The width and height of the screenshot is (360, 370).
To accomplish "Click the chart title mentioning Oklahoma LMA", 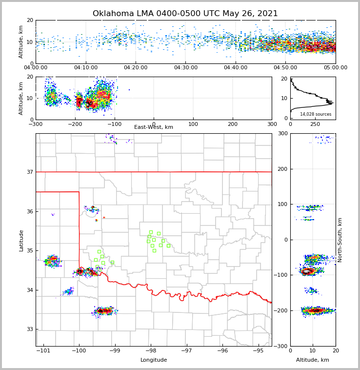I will point(185,14).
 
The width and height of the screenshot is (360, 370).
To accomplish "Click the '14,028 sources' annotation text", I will point(316,114).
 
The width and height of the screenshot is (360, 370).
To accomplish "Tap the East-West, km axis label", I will point(154,127).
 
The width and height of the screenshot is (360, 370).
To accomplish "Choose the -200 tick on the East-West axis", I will point(75,124).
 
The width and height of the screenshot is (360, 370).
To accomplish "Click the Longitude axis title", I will point(154,360).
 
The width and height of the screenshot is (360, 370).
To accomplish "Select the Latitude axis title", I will point(21,240).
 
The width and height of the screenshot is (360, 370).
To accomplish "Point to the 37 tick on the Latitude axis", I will point(30,172).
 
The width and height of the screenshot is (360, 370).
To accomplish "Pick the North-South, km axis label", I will point(340,240).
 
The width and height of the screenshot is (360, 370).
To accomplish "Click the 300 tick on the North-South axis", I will point(282,133).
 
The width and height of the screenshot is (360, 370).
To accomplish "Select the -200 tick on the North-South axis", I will point(280,311).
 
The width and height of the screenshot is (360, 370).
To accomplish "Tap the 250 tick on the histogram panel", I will point(313,124).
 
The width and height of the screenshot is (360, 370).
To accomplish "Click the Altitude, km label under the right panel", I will point(313,360).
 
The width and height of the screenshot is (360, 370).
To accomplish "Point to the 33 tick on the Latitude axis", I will point(30,329).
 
